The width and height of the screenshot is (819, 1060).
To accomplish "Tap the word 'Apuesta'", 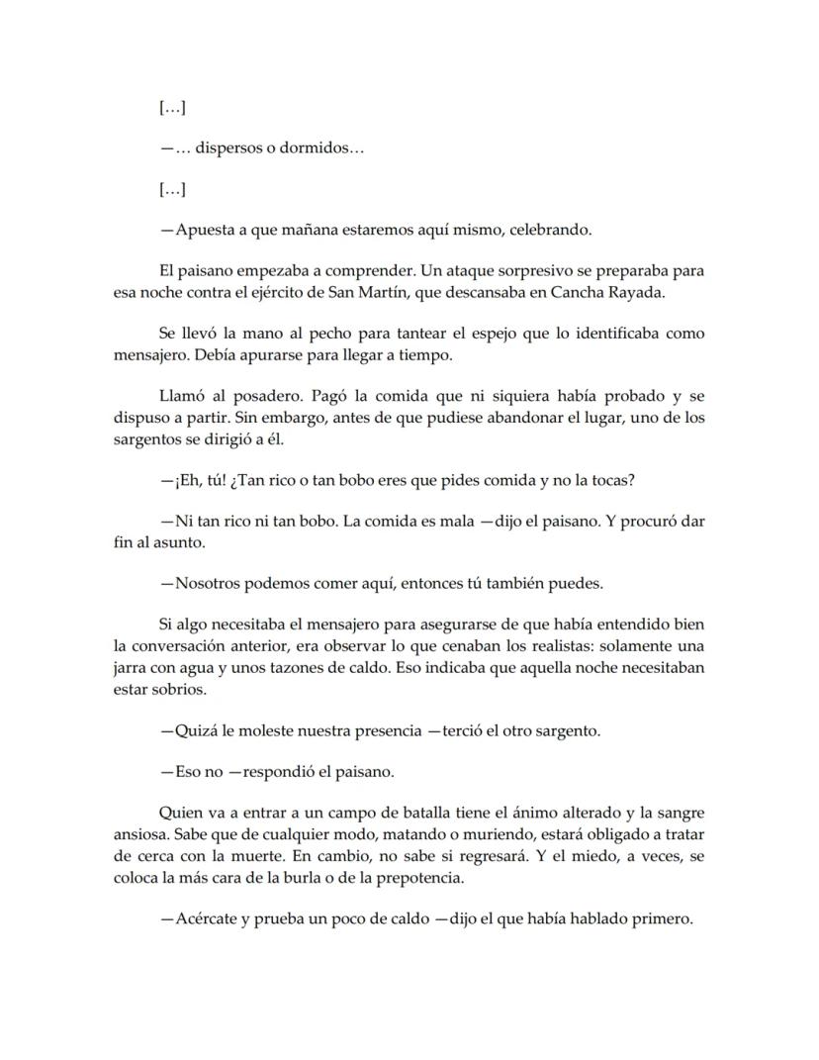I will pos(204,230).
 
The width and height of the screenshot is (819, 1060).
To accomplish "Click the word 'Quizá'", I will pos(197,730).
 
